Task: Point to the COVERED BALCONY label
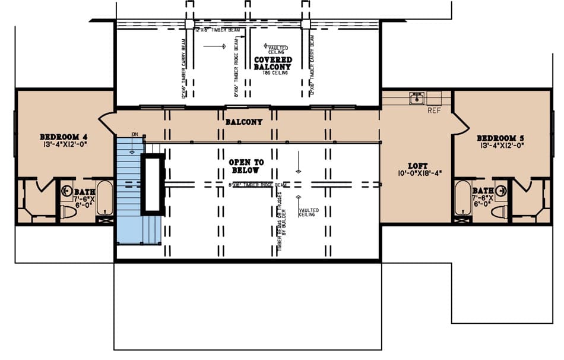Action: coord(273,64)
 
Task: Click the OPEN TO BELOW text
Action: coord(246,166)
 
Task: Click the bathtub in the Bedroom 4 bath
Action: coord(105,198)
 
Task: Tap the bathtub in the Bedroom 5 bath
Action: coord(463,198)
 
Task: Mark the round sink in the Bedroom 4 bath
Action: coord(66,191)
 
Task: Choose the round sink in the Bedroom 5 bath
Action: coord(502,191)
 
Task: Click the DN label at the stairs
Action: coord(135,134)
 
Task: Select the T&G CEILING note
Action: coord(273,72)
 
